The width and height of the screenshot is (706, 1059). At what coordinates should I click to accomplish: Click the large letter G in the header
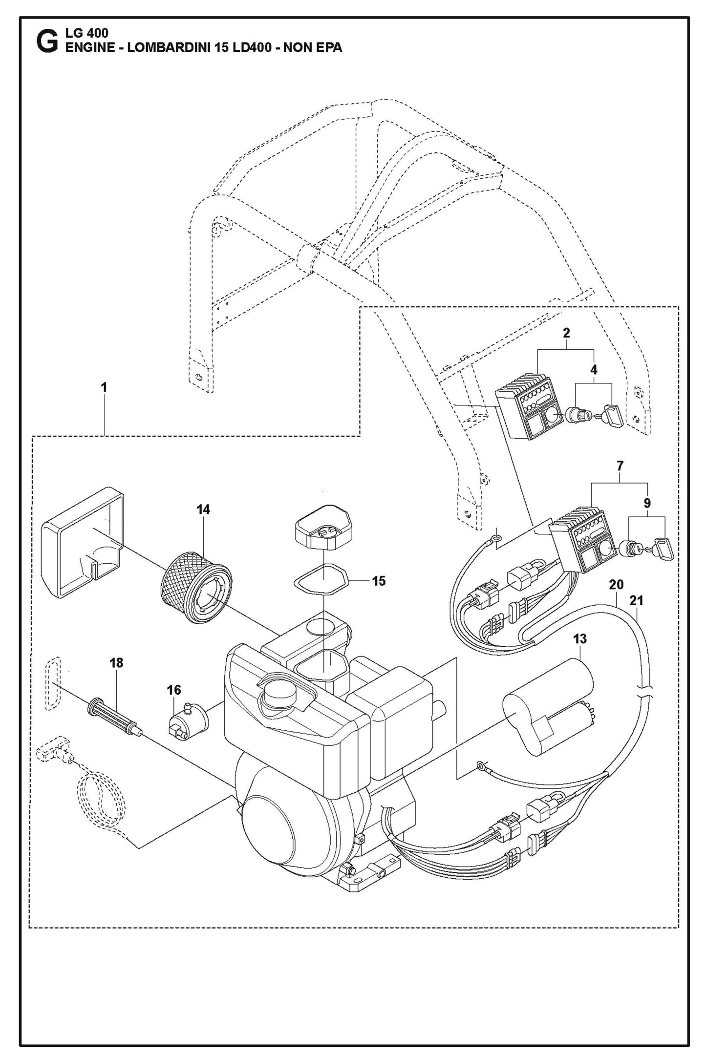[x=47, y=42]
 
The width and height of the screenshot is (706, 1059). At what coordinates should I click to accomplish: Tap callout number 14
[x=203, y=509]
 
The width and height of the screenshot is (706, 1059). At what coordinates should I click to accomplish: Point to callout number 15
[x=379, y=581]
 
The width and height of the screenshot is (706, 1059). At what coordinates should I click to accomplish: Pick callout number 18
[x=116, y=663]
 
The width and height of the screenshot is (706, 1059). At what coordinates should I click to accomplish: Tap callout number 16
[x=173, y=690]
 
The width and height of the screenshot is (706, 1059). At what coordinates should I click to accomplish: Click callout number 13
[x=579, y=638]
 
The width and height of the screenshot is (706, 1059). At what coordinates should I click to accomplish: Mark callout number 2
[x=566, y=333]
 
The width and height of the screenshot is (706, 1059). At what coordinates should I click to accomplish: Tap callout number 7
[x=620, y=466]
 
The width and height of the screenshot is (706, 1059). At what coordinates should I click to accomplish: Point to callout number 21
[x=636, y=600]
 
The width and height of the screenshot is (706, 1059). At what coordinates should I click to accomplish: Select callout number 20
[x=616, y=584]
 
